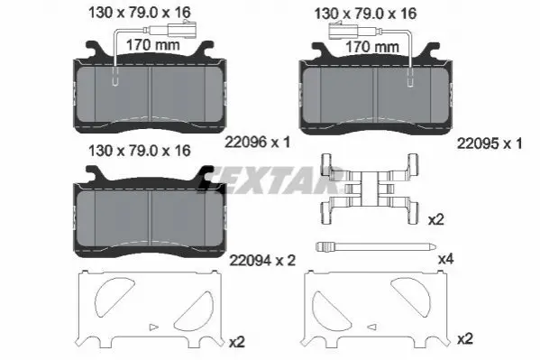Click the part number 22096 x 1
257,142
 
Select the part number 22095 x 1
490,143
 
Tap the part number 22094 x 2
262,261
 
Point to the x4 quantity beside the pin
445,259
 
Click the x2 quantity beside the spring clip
435,219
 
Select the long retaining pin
376,246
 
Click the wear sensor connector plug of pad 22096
182,30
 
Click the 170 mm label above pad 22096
153,45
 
